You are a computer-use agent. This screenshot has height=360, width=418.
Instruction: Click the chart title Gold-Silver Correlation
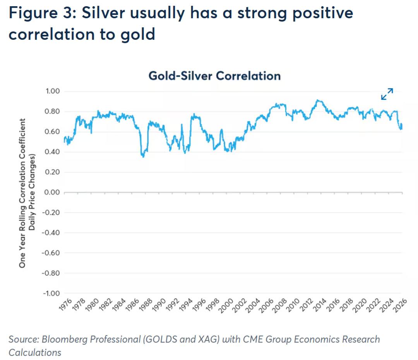214,76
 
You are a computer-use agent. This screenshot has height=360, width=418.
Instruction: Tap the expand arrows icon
387,94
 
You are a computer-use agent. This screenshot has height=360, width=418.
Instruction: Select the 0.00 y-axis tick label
52,192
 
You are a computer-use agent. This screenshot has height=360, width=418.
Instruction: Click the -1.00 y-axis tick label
51,293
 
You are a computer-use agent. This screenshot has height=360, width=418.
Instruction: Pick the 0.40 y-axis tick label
52,152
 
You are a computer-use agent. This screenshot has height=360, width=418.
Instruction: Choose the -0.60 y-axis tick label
51,253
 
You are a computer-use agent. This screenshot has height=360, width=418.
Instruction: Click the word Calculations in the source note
35,352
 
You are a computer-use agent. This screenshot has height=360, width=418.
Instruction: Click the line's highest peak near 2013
317,100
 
